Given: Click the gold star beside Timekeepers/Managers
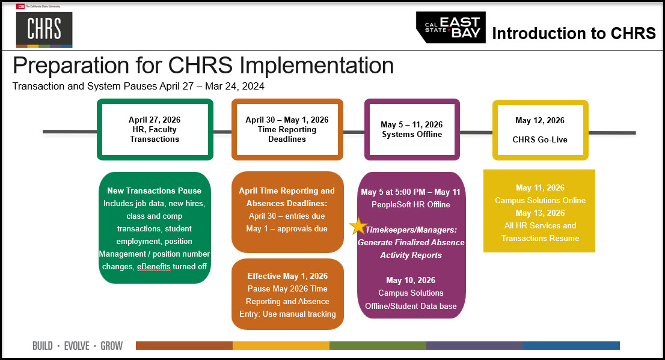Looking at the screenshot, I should pyautogui.click(x=358, y=227).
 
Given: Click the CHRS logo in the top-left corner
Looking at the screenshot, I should pyautogui.click(x=44, y=29).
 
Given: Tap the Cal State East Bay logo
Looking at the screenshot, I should pyautogui.click(x=451, y=28).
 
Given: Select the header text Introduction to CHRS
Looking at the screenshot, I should pyautogui.click(x=574, y=34).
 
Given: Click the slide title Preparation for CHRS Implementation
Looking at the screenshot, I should pyautogui.click(x=203, y=65).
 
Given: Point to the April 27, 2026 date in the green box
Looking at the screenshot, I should pyautogui.click(x=155, y=120).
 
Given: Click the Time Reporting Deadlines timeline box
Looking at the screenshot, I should pyautogui.click(x=287, y=129).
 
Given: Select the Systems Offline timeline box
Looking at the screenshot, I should pyautogui.click(x=412, y=129).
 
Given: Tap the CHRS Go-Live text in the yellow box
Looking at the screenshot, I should pyautogui.click(x=539, y=140).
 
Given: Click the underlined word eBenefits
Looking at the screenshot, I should pyautogui.click(x=153, y=266).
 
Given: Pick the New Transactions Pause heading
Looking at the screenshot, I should pyautogui.click(x=155, y=191).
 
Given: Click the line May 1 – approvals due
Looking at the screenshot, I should pyautogui.click(x=287, y=228).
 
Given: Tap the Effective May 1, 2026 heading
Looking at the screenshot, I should pyautogui.click(x=287, y=276).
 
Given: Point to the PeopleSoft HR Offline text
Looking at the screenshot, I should pyautogui.click(x=411, y=204).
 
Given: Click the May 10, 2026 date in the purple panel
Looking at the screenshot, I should pyautogui.click(x=411, y=280).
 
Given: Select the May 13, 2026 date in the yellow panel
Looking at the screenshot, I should pyautogui.click(x=539, y=213).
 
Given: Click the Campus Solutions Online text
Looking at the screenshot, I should pyautogui.click(x=539, y=200).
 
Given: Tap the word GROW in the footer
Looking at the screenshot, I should pyautogui.click(x=112, y=346).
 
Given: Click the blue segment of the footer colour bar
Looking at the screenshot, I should pyautogui.click(x=571, y=346).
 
